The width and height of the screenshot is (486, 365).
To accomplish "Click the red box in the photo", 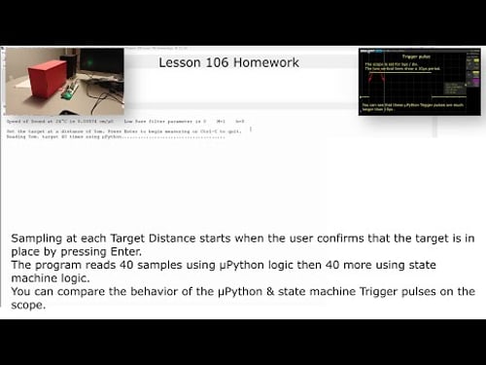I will [x=48, y=78].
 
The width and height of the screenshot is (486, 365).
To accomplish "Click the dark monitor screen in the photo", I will [x=101, y=65].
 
